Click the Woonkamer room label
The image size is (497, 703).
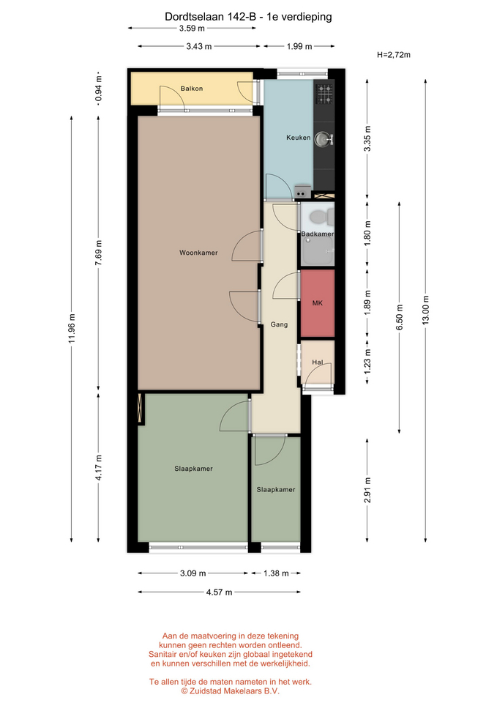click(198, 253)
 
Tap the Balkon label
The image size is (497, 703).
click(192, 89)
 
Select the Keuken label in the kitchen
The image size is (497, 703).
click(299, 138)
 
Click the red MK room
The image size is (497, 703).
click(317, 303)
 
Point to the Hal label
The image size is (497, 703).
click(317, 362)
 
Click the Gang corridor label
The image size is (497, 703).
click(279, 324)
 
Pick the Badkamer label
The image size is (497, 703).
click(317, 234)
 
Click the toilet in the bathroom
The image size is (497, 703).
click(322, 217)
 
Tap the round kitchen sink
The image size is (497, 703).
click(322, 139)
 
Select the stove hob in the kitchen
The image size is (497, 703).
click(324, 93)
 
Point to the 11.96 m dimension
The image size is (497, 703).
click(72, 329)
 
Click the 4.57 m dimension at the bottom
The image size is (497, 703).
click(219, 592)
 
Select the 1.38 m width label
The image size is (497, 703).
click(276, 573)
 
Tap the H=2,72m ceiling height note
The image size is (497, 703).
click(394, 55)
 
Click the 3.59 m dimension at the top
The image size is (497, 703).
click(192, 29)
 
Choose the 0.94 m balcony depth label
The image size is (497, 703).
click(99, 88)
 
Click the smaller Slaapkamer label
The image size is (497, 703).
click(276, 490)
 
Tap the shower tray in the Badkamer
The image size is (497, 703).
click(318, 250)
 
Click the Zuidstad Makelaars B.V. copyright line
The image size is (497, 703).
click(231, 691)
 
